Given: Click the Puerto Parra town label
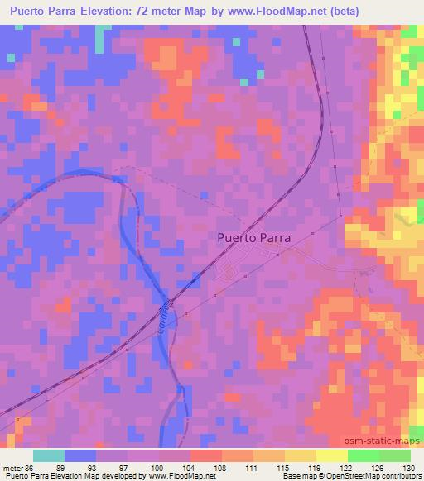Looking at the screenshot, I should coord(253,237).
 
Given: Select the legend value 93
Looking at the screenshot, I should coord(95,467).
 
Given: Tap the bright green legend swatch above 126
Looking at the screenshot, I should coord(363,455).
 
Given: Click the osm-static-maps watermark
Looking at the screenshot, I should coord(389,442).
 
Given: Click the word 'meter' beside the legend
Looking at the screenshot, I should coord(12,467).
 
